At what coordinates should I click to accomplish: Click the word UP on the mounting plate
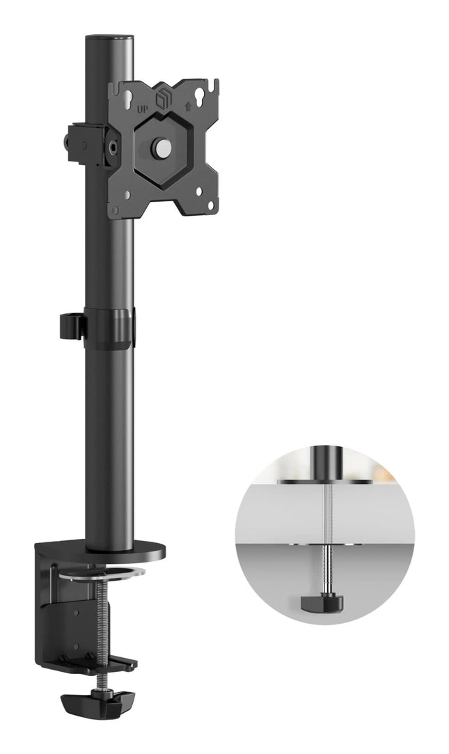[x=143, y=109]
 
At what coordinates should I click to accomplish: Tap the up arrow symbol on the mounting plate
[x=188, y=107]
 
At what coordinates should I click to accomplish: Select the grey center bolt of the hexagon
[x=162, y=147]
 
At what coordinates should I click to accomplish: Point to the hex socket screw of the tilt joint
[x=115, y=146]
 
